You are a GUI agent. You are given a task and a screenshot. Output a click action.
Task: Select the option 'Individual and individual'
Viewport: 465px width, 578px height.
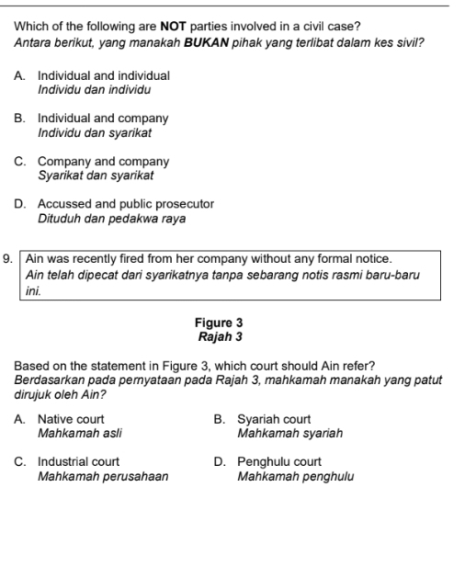pos(104,75)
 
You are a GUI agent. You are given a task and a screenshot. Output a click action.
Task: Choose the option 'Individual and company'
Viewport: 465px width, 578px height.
pos(103,119)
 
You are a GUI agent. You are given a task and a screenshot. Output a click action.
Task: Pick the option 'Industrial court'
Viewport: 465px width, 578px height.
pos(78,462)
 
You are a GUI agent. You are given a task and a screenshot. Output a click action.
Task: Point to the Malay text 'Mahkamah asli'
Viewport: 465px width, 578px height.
pos(79,433)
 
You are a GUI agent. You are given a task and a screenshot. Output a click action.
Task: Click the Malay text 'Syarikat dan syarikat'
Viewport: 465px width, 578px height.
pos(96,176)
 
